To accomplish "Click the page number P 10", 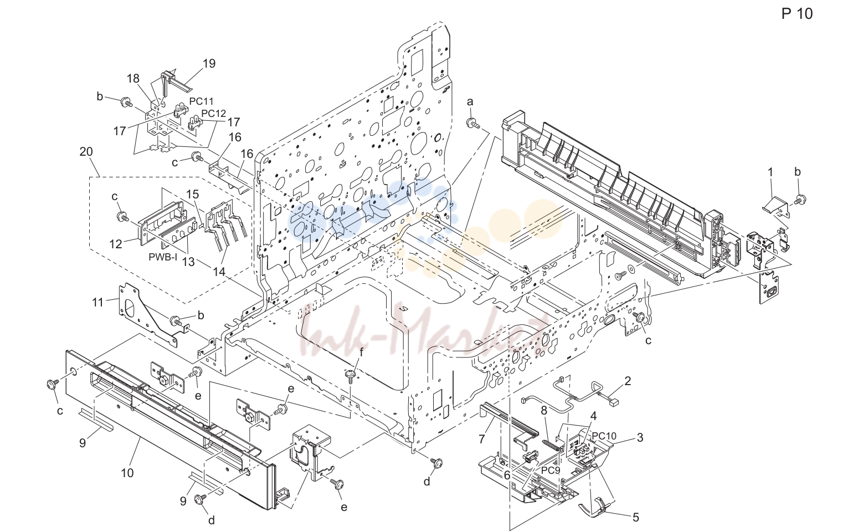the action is [x=797, y=14].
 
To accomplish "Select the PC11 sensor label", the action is [x=202, y=101].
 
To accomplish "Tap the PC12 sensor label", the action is [x=214, y=114].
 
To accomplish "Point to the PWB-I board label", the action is [x=163, y=257].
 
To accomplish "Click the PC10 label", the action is [x=604, y=436].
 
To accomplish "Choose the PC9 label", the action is [x=551, y=470].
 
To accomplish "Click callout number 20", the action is [x=86, y=152].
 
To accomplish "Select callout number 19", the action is [x=209, y=63].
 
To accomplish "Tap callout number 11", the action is [x=98, y=303].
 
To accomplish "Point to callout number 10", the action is [x=127, y=473].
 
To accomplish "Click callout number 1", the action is [x=770, y=173].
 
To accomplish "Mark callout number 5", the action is [x=635, y=517].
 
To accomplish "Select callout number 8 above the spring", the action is [x=544, y=411].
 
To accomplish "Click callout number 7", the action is [x=482, y=439].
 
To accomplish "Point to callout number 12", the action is [x=115, y=244].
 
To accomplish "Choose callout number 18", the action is [x=133, y=79].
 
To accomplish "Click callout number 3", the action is [x=640, y=437].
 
